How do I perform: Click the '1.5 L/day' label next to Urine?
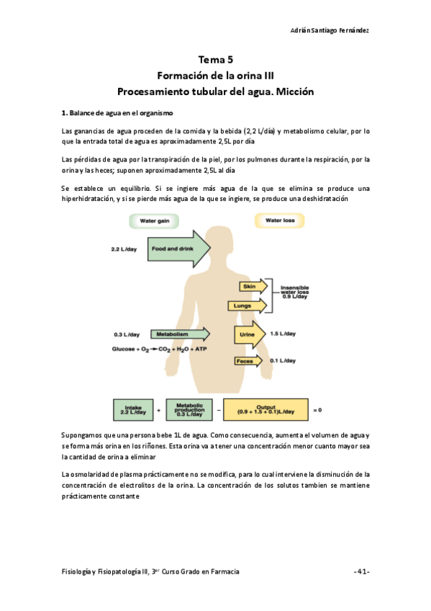coord(283,334)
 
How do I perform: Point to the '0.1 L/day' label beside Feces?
coord(283,360)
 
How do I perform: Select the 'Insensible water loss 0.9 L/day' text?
coord(294,291)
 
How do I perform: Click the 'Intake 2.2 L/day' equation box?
coord(135,409)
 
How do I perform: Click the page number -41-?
coord(362,571)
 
